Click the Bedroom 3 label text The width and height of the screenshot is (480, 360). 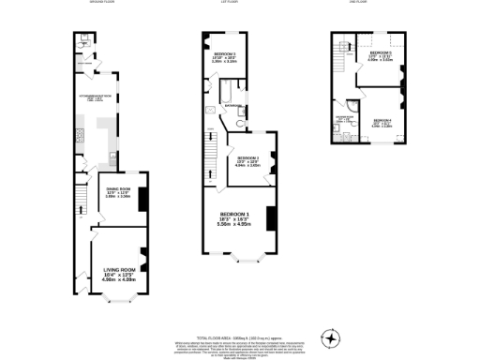tap(224, 55)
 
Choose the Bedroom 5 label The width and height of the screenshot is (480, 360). tap(379, 53)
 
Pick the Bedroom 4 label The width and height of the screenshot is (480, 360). tap(381, 120)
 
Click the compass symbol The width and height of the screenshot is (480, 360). tap(330, 337)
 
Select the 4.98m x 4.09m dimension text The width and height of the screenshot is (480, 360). tap(119, 278)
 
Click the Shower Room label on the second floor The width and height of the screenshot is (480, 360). tap(343, 119)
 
